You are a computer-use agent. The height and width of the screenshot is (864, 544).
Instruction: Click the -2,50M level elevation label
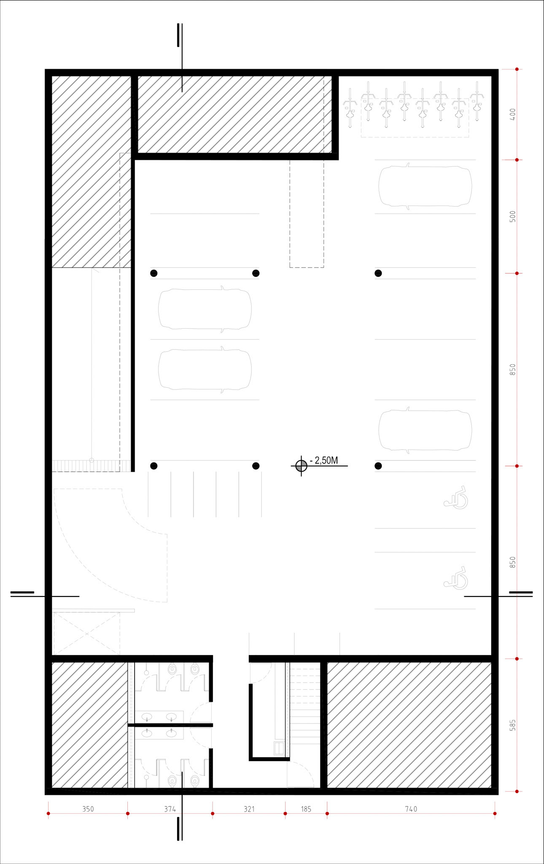[324, 460]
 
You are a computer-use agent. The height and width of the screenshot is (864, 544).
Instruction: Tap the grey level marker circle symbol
[301, 466]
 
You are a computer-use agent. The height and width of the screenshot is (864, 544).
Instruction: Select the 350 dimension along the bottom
[88, 809]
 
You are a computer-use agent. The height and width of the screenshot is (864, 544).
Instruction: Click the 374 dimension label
[170, 809]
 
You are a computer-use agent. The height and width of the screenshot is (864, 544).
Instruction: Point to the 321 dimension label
[249, 809]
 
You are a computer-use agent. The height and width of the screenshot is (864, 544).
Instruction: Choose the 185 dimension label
[306, 809]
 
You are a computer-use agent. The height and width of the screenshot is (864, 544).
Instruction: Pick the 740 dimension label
[411, 809]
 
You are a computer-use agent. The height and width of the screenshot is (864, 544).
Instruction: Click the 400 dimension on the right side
[512, 114]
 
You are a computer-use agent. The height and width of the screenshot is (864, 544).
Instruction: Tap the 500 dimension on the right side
[512, 216]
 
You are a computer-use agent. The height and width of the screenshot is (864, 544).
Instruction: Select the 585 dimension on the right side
[512, 725]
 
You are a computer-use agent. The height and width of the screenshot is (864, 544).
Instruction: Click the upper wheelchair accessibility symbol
[456, 497]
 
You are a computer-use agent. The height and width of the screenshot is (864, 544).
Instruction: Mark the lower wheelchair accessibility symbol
[456, 578]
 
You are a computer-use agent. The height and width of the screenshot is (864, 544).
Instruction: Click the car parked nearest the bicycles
[425, 186]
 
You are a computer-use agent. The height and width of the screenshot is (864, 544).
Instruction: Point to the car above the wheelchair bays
[425, 430]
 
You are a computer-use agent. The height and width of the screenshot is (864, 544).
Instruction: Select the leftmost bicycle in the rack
[350, 108]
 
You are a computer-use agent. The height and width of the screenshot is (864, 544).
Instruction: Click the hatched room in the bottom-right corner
[409, 725]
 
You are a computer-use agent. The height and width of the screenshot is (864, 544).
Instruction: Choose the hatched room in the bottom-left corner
[89, 725]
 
